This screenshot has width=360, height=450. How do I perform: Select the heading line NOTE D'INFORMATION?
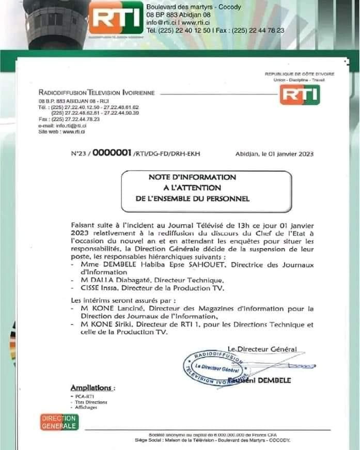tap(184, 177)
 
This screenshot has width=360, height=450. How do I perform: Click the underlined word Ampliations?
tap(92, 387)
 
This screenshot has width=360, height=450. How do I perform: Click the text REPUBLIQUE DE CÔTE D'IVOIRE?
tap(299, 74)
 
